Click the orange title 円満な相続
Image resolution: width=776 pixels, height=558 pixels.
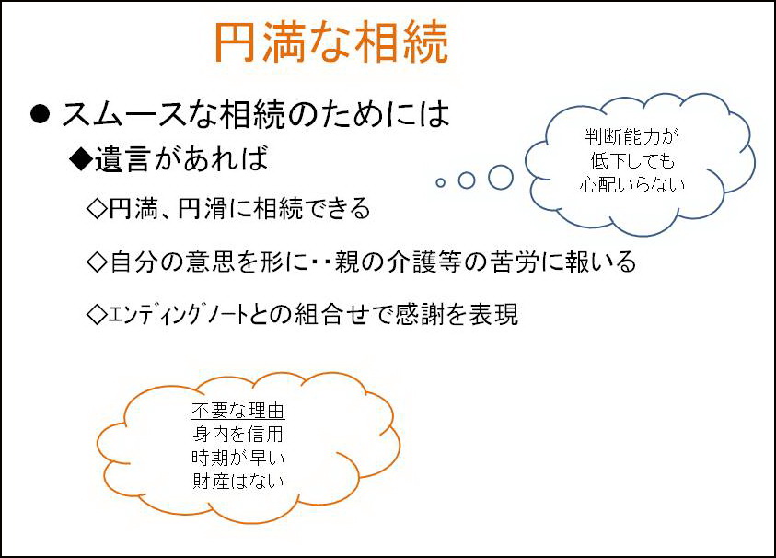click(331, 42)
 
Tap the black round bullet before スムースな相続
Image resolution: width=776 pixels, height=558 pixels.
click(41, 114)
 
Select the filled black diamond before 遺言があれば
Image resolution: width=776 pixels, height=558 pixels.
click(81, 159)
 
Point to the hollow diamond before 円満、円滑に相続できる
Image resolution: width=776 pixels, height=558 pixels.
click(97, 208)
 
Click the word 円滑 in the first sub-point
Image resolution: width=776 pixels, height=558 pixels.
click(203, 208)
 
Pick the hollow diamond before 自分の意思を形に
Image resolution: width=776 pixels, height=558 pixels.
click(97, 262)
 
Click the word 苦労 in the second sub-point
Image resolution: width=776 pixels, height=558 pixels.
click(515, 262)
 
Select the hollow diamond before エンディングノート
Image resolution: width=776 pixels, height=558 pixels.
click(97, 314)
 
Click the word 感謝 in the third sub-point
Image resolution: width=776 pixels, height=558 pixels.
click(420, 314)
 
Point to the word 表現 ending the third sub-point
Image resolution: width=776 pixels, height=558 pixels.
click(493, 314)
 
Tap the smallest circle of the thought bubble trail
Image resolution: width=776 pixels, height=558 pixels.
click(440, 182)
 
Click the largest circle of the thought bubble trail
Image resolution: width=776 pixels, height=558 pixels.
click(501, 177)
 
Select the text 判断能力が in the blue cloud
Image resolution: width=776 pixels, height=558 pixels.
click(632, 136)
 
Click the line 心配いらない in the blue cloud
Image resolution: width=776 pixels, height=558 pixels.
click(632, 185)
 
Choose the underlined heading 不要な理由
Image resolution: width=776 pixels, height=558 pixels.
click(238, 411)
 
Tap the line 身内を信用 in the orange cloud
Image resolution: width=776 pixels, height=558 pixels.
click(238, 435)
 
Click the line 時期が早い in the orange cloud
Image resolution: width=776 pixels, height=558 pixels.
click(238, 458)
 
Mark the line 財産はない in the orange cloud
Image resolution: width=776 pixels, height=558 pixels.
click(238, 481)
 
